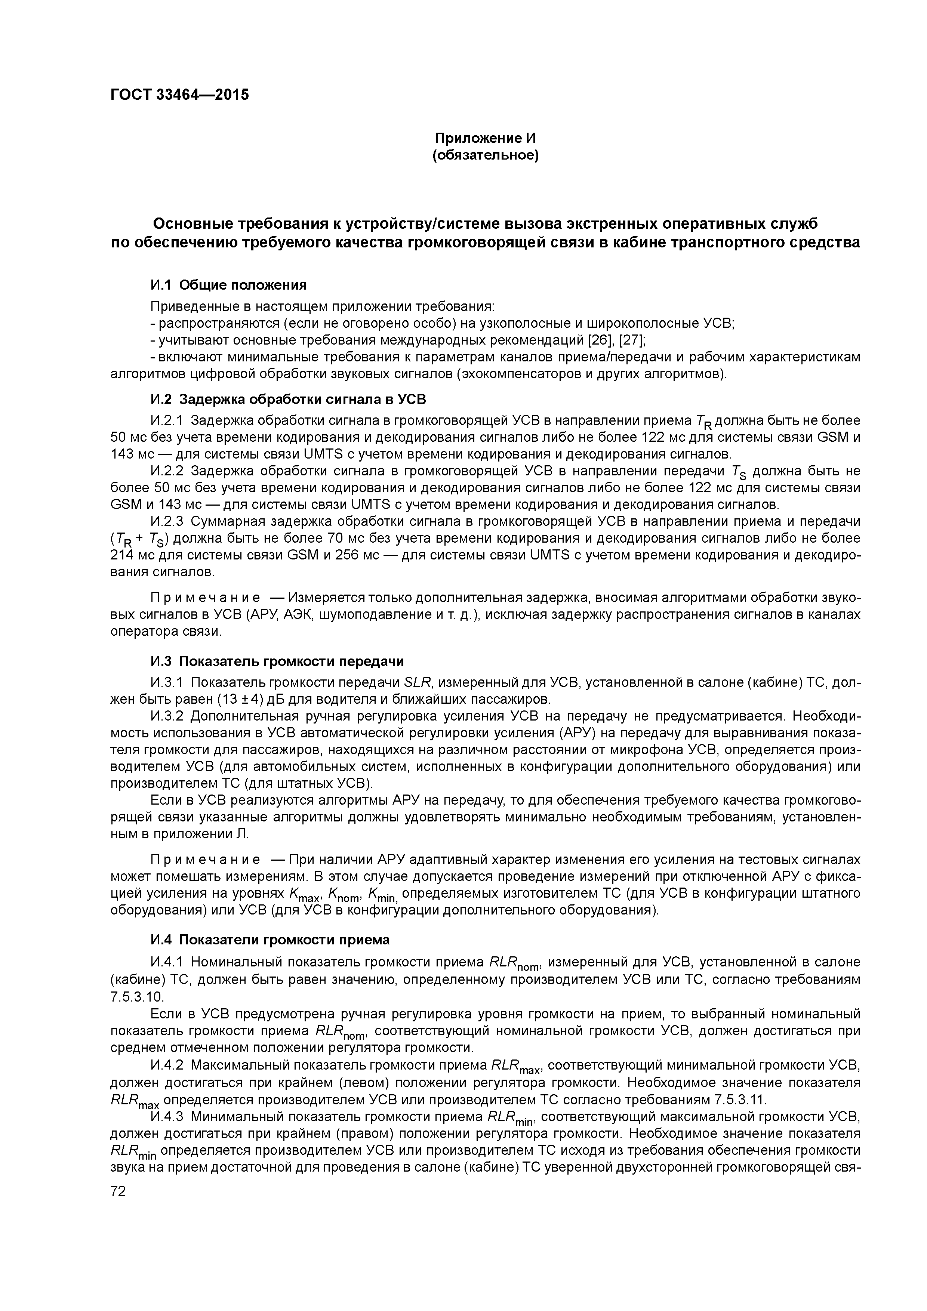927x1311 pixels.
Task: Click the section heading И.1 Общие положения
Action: tap(228, 285)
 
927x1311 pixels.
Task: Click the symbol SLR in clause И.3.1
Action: tap(419, 683)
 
